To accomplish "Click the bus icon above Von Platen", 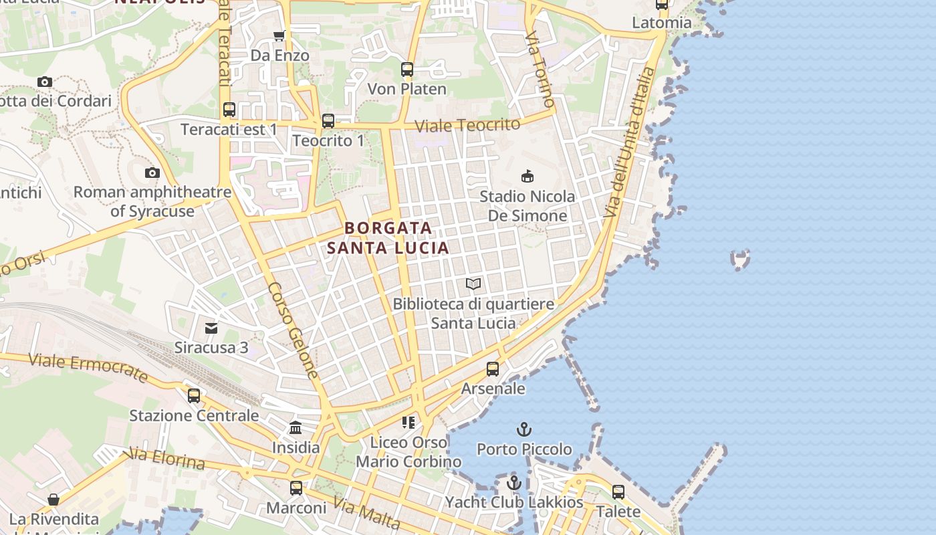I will click(406, 69).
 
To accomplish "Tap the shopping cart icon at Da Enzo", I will click(279, 35).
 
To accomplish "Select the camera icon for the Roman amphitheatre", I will click(152, 173).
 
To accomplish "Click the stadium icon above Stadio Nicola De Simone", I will click(527, 177).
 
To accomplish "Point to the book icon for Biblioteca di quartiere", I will click(473, 284).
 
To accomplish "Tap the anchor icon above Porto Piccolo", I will click(524, 429).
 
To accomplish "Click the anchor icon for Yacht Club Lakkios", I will click(513, 482).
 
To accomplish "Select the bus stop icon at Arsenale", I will click(493, 368).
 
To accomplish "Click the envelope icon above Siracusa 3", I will click(211, 328).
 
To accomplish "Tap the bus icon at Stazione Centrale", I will click(194, 395).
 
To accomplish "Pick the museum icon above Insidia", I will click(296, 427).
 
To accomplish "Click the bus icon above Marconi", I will click(296, 488).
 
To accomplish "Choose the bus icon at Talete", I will click(618, 492).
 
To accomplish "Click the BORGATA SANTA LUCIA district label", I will click(388, 238).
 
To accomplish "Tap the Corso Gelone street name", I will click(294, 330).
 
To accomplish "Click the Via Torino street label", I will click(540, 69).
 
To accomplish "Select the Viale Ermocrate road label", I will click(89, 368).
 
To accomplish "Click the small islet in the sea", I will click(740, 259).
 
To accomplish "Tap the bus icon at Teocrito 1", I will click(328, 121).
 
